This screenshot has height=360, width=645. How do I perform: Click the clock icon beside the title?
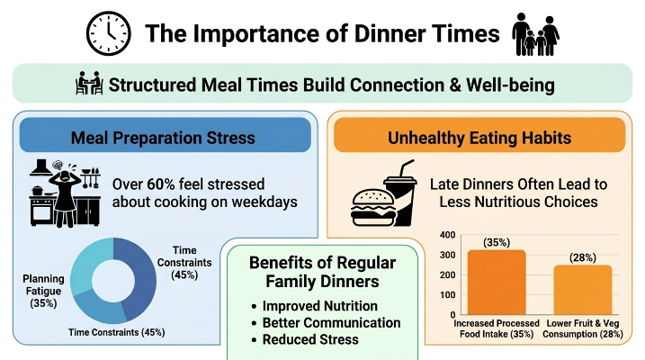click(x=109, y=33)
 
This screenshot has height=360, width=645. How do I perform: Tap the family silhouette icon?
click(x=535, y=34)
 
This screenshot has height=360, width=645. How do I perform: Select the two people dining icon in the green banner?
click(x=89, y=83)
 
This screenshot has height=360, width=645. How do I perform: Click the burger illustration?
click(x=373, y=207)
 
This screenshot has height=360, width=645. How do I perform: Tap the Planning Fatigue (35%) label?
click(x=43, y=291)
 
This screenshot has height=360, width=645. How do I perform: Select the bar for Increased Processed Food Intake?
click(x=497, y=283)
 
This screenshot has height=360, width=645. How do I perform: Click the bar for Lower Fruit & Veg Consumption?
click(x=583, y=290)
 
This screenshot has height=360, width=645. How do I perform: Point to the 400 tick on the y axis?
click(x=448, y=235)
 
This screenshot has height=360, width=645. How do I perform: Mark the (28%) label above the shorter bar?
click(x=583, y=257)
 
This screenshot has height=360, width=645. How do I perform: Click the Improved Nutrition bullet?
click(x=315, y=306)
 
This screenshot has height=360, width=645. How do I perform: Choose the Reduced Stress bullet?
click(x=305, y=339)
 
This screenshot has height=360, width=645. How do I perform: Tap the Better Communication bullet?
click(x=326, y=323)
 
